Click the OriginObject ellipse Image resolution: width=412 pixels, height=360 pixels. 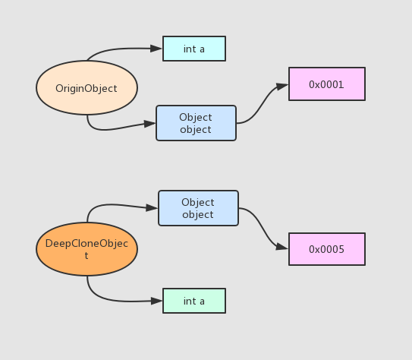[x=86, y=88]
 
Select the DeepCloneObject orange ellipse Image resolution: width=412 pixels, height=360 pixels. [x=86, y=249]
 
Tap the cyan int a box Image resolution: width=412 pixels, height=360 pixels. [x=194, y=49]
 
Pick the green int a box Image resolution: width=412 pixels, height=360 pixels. [x=194, y=301]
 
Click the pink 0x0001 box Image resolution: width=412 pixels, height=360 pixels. [x=327, y=84]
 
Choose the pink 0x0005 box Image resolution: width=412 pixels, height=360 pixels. [x=327, y=249]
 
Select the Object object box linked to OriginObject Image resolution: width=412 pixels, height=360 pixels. [x=196, y=123]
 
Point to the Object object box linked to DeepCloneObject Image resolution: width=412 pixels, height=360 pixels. [x=198, y=208]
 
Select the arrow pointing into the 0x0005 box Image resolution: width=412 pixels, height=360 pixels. [x=263, y=229]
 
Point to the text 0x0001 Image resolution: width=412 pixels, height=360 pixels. [x=326, y=84]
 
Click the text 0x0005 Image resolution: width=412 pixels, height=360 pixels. [x=326, y=249]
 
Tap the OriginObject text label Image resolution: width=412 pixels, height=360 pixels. [x=86, y=89]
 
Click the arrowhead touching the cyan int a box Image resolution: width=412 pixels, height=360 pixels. [x=156, y=49]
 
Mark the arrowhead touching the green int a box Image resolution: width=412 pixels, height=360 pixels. [x=156, y=301]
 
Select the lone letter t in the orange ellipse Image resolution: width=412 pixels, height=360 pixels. [x=86, y=256]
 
